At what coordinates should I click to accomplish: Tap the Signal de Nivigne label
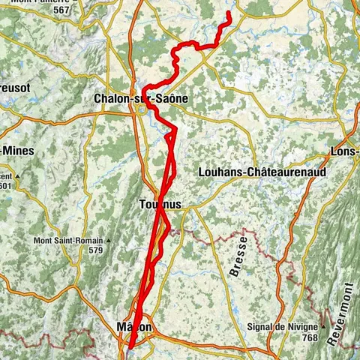[x=288, y=328]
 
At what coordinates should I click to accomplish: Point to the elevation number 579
[x=95, y=250]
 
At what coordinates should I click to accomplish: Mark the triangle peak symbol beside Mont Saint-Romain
[x=109, y=241]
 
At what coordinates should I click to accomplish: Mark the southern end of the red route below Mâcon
[x=129, y=348]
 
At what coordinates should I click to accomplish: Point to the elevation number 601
[x=6, y=185]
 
